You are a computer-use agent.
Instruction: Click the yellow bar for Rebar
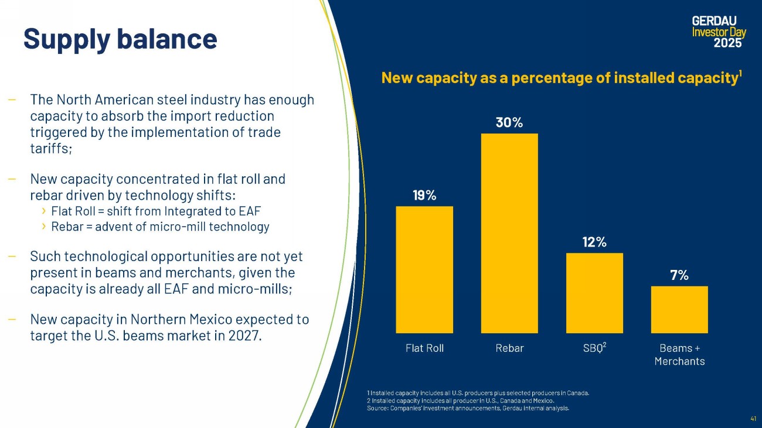509,233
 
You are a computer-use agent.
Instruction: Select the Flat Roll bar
424,270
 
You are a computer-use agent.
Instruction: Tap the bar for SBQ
594,293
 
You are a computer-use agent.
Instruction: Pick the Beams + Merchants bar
679,310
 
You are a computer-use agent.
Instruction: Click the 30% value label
509,122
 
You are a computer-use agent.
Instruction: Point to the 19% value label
424,196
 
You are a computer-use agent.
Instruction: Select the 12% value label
594,242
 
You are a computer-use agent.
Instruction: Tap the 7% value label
679,275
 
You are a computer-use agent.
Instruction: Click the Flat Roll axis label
424,348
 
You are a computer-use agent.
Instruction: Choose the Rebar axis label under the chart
509,348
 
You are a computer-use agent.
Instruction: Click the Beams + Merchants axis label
680,355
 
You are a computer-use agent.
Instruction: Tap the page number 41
753,418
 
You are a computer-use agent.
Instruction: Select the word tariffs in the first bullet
51,149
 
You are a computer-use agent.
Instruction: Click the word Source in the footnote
377,408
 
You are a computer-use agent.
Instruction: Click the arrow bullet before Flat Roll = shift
43,211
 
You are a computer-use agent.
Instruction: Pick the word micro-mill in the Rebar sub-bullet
178,227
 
